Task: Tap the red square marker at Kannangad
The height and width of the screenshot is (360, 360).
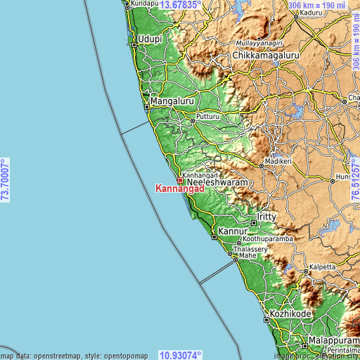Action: click(x=180, y=180)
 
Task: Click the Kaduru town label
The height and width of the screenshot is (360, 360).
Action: click(x=310, y=13)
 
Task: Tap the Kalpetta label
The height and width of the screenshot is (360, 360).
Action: click(x=321, y=268)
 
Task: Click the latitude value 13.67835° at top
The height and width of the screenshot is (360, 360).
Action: click(x=181, y=5)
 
